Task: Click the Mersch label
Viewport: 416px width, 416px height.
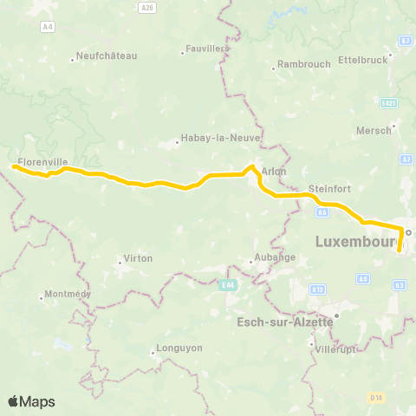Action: tap(374, 131)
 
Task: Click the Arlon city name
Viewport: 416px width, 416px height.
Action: tap(274, 172)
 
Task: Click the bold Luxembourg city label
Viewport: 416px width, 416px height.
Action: tap(356, 239)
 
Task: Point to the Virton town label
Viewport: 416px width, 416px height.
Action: tap(139, 258)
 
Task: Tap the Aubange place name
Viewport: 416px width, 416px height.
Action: tap(273, 257)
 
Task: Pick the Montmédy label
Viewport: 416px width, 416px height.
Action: tap(67, 294)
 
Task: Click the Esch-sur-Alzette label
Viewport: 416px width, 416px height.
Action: tap(285, 322)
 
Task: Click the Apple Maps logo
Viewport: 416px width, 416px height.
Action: tap(32, 401)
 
